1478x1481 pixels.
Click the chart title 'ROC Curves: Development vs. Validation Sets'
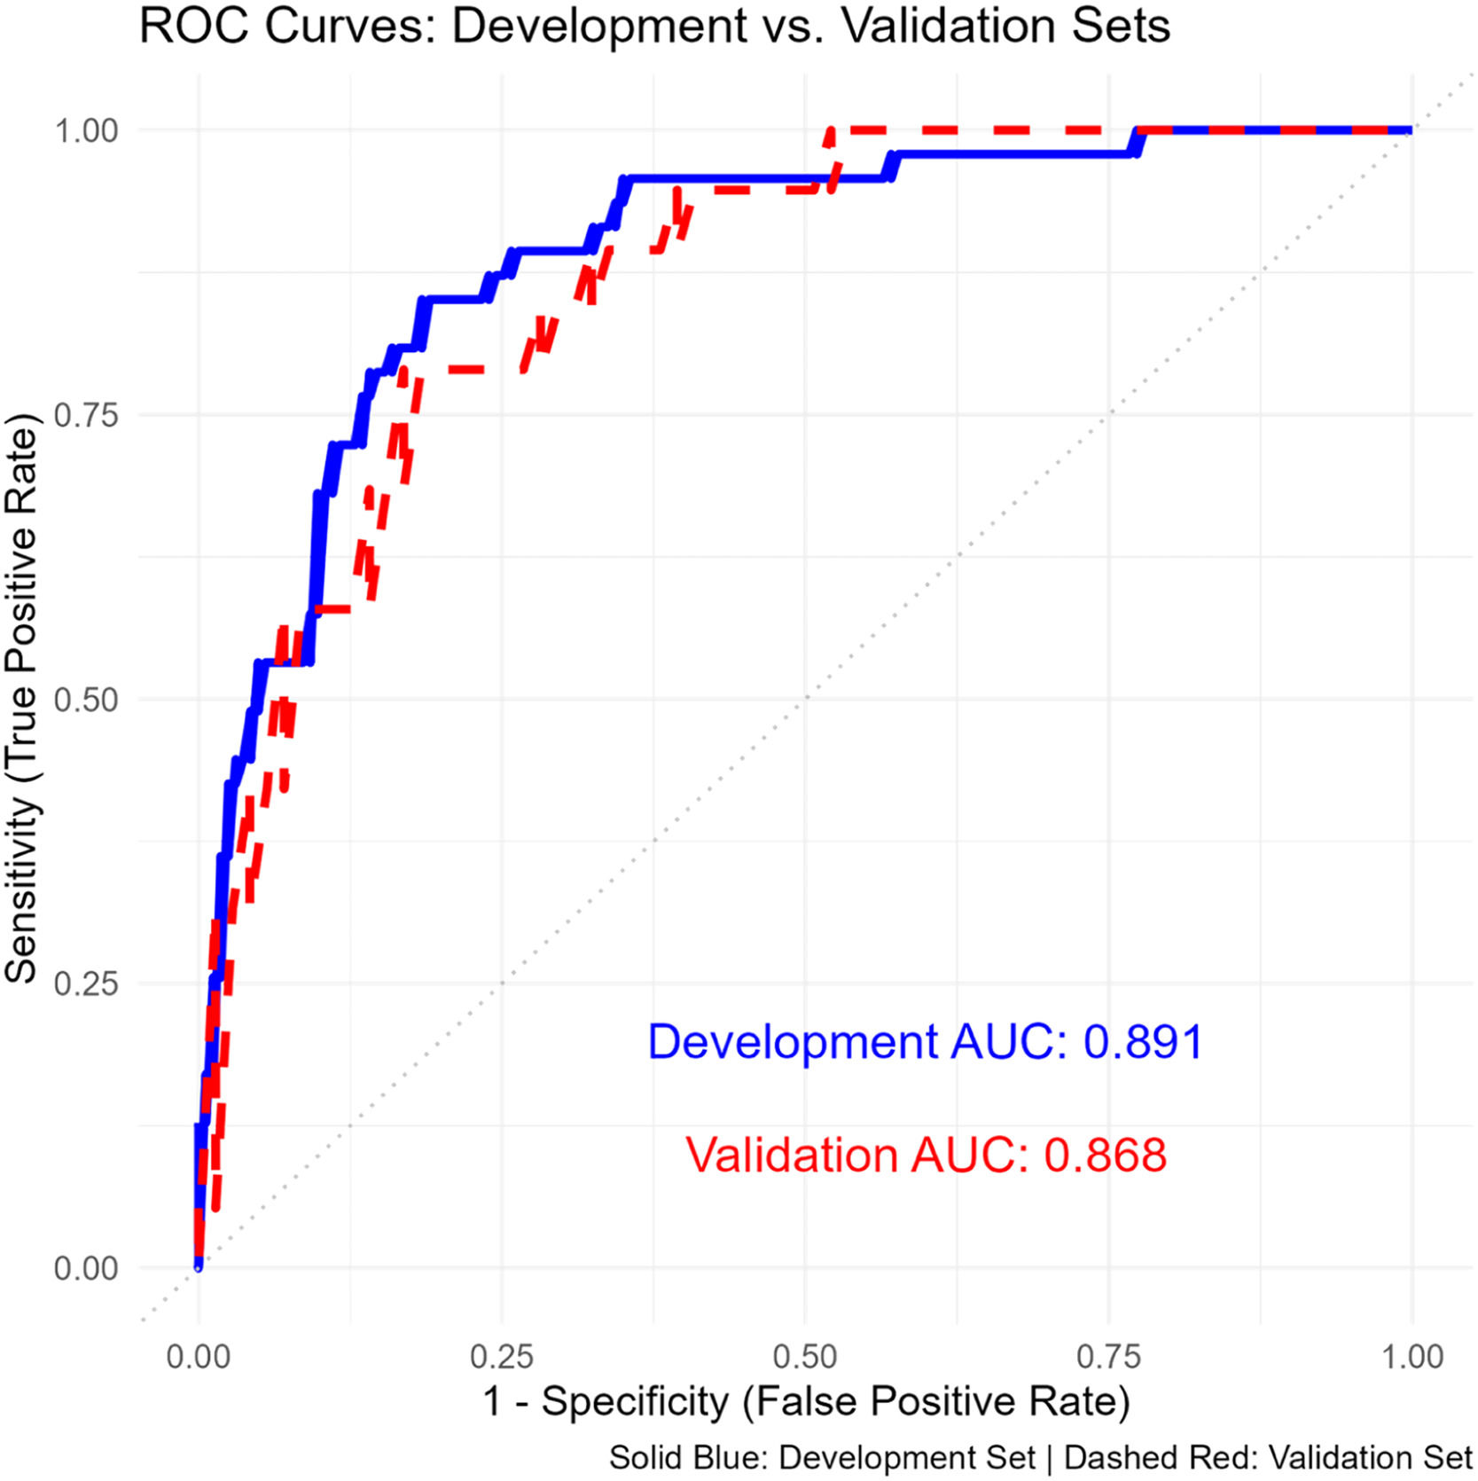[654, 26]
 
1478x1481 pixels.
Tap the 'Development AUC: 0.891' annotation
[925, 1041]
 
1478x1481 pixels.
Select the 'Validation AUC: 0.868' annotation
[926, 1155]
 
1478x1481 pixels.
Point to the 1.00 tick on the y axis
[86, 131]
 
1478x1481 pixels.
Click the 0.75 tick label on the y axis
[86, 415]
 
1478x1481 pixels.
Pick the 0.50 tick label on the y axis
[86, 700]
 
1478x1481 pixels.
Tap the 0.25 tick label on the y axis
[86, 983]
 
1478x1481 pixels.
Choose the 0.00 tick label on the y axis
[86, 1268]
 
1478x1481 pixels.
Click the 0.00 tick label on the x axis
[198, 1357]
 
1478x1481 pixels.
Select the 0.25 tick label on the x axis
[502, 1357]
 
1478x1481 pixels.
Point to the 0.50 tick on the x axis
[805, 1357]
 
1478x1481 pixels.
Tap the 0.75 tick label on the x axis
[1108, 1357]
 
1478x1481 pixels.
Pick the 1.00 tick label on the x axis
[1412, 1357]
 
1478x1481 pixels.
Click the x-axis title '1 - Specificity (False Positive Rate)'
[806, 1402]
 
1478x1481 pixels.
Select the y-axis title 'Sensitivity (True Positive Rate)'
[21, 699]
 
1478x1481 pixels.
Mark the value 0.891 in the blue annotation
[1143, 1041]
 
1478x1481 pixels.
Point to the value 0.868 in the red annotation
[1105, 1155]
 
